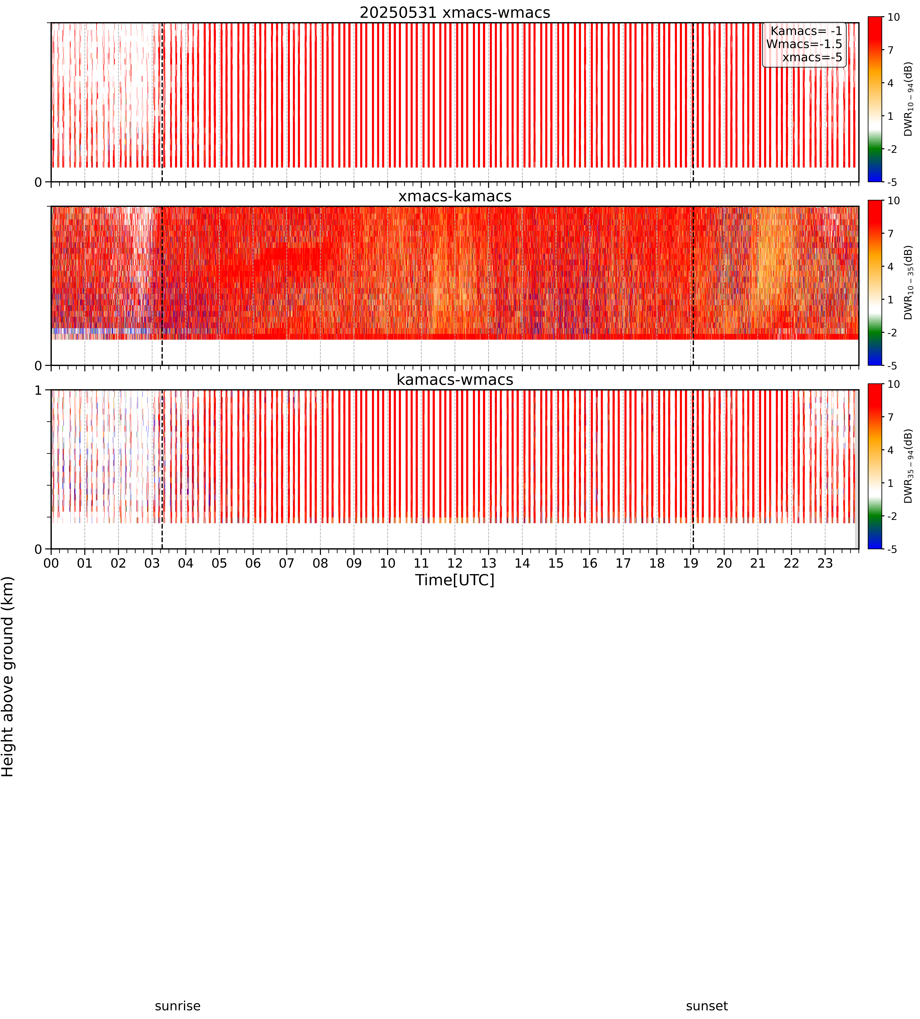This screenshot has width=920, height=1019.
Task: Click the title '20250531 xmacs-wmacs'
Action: [x=455, y=13]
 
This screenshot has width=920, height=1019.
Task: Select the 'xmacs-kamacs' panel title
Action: [x=455, y=196]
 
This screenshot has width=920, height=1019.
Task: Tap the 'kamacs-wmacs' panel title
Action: [x=455, y=380]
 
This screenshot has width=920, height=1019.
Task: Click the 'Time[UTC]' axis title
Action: [x=455, y=580]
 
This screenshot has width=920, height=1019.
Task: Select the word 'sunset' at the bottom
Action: [x=707, y=1006]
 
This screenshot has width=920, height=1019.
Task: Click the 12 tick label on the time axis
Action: [x=455, y=563]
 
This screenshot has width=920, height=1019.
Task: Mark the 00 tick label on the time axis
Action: [x=51, y=563]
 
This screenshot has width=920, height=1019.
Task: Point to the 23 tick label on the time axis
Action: [x=825, y=563]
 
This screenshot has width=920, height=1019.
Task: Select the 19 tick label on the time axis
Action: [x=691, y=563]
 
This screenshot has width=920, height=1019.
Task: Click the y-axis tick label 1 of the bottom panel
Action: [x=38, y=391]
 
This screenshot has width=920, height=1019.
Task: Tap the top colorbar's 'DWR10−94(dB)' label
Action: [x=908, y=99]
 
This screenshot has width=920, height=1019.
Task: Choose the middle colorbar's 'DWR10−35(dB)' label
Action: [x=908, y=283]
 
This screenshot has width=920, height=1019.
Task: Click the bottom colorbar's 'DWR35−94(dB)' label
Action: [x=908, y=466]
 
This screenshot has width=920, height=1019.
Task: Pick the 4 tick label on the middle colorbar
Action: [x=891, y=266]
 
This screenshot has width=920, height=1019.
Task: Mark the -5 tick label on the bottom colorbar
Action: [x=892, y=549]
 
